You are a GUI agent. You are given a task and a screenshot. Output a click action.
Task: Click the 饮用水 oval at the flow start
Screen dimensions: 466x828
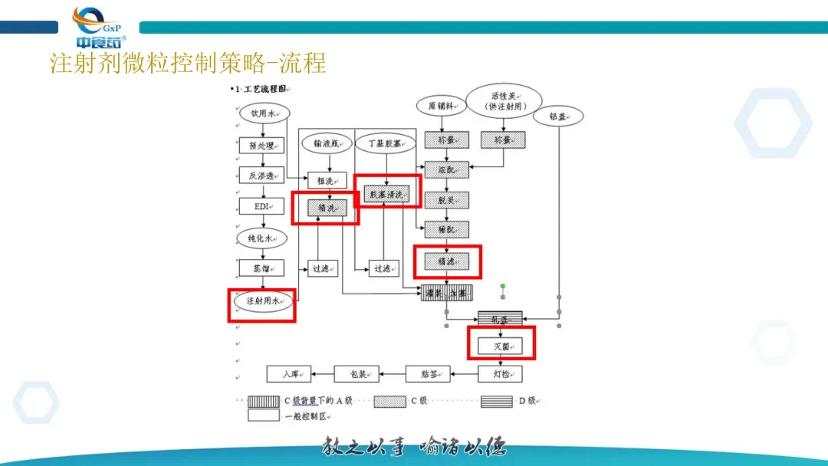pos(263,113)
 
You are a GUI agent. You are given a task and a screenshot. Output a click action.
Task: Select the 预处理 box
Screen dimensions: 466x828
pos(262,145)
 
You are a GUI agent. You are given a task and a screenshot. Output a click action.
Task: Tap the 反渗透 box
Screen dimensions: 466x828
pos(262,175)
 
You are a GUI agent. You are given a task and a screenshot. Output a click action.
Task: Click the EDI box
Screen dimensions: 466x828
pos(262,206)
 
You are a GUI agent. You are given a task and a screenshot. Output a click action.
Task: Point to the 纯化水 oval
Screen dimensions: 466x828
pos(262,238)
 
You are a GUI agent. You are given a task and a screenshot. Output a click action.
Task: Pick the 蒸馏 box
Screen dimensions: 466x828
pos(262,268)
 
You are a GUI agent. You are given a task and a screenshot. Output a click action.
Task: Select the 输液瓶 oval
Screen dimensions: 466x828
pos(327,143)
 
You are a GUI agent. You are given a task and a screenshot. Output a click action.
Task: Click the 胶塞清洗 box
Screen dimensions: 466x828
pos(387,194)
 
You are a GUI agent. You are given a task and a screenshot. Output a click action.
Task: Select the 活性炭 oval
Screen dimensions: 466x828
pos(503,100)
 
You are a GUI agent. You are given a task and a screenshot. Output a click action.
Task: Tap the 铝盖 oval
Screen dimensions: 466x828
pos(558,117)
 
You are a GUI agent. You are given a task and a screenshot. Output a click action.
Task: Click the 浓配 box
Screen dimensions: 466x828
pos(447,167)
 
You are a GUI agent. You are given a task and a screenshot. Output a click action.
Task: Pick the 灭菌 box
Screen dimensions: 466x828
pos(501,346)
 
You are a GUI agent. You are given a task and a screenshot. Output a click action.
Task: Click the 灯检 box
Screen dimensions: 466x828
pos(501,374)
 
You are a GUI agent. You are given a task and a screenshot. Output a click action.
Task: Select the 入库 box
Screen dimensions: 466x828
pos(289,374)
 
